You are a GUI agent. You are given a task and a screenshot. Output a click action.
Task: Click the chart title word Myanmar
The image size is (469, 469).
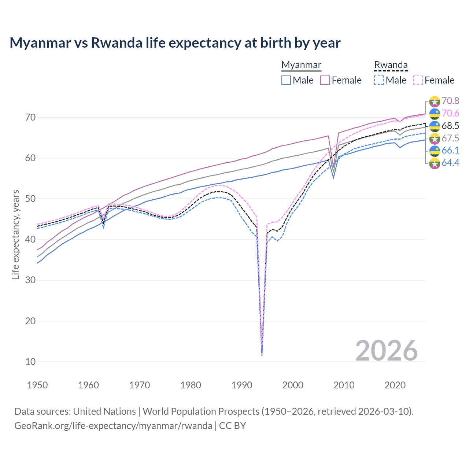point(40,43)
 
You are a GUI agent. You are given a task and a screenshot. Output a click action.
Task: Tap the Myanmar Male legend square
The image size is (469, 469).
point(286,80)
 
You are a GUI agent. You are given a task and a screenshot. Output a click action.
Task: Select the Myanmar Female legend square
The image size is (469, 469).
point(325,80)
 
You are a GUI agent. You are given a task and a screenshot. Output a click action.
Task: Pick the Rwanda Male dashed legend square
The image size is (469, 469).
point(379,80)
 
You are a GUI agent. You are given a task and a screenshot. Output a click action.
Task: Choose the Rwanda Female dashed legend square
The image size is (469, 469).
point(418,80)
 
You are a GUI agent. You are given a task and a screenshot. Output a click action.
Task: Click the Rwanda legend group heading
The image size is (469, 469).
point(391,65)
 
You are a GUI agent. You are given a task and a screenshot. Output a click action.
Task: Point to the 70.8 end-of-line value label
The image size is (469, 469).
point(450,101)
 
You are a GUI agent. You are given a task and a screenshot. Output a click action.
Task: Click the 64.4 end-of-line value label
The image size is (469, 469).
point(450,163)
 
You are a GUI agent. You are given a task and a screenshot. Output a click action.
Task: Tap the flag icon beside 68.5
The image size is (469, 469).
point(435,126)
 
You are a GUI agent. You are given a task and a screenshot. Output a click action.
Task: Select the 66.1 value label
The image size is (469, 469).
point(450,150)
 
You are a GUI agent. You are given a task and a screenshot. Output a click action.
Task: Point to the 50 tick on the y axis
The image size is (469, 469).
point(30,199)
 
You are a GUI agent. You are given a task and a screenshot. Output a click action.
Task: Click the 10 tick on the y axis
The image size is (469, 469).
point(30,362)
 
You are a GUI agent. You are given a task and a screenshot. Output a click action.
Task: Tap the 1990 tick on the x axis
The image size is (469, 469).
point(242,385)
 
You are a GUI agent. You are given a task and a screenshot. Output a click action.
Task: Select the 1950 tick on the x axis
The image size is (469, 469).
point(38,385)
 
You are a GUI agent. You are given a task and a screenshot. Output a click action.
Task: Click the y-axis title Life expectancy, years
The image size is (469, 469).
point(15,234)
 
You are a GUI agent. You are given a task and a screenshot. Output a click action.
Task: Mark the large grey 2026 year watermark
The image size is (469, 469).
point(386,351)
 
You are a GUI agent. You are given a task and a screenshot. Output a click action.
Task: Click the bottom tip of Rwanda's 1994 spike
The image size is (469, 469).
point(262,355)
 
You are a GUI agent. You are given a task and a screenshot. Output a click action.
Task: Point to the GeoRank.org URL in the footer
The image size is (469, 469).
point(113,426)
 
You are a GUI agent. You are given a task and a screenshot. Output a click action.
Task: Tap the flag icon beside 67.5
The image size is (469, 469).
point(435,139)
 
